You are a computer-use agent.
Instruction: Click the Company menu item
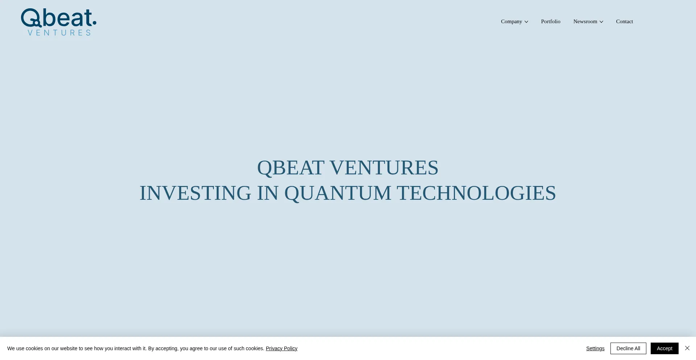coord(511,22)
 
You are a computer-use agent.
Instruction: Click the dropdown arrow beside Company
coord(526,22)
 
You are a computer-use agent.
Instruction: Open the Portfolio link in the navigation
coord(550,22)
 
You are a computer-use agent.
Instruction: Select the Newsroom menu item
coord(585,22)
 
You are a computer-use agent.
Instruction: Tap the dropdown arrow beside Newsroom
coord(601,22)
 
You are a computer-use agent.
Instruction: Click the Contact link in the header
coord(624,22)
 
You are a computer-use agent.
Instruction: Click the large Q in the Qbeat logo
coord(31,18)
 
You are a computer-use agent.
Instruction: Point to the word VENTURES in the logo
coord(59,33)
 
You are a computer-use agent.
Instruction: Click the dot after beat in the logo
coord(95,24)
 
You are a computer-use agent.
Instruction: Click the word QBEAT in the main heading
coord(290,168)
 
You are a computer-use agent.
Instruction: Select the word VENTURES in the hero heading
coord(384,168)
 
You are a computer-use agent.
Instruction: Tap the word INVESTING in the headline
coord(195,193)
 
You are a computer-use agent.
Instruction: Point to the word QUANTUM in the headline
coord(337,193)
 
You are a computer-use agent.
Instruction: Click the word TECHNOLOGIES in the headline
coord(476,193)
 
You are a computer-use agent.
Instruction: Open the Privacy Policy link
coord(281,348)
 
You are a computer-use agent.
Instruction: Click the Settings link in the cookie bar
coord(595,348)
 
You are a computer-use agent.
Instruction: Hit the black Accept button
coord(664,348)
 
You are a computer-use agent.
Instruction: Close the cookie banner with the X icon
coord(687,348)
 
